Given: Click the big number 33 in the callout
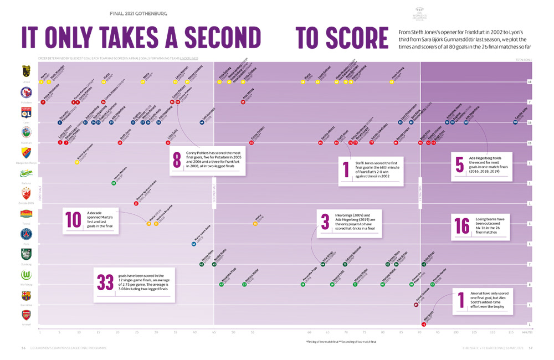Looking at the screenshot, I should pos(105,282).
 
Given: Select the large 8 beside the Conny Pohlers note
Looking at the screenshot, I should pos(177,160).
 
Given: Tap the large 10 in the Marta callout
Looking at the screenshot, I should pos(74,219).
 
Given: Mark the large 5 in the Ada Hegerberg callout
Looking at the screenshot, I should pos(459,164).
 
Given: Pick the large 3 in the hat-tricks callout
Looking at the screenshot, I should pos(325,221).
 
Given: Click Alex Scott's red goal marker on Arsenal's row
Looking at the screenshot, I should pos(423,325).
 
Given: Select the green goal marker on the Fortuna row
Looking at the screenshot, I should pos(114,183).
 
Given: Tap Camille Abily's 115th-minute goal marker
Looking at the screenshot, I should pos(516,122).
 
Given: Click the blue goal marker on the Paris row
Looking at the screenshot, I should pos(193,244).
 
